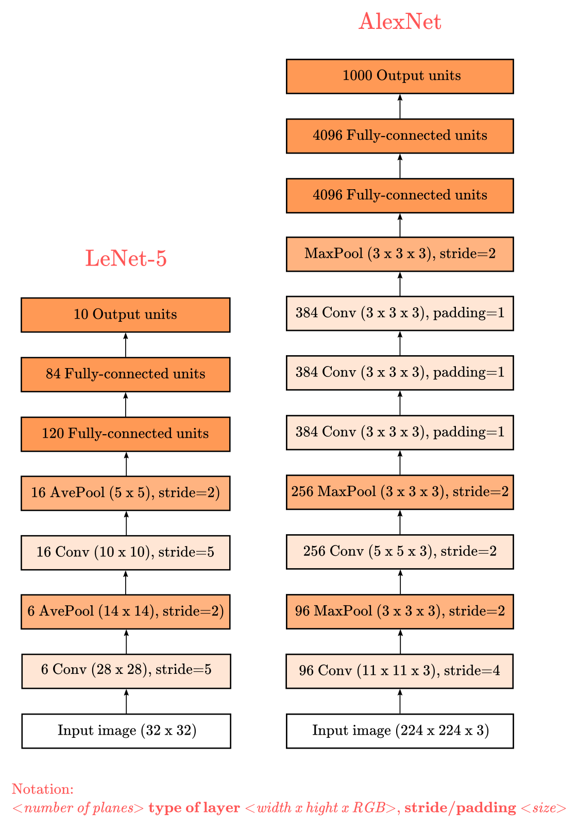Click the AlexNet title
click(400, 21)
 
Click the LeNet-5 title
click(126, 258)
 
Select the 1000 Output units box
click(400, 76)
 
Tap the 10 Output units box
click(126, 314)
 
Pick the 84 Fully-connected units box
click(126, 374)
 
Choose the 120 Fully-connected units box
click(126, 434)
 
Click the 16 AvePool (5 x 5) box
click(126, 493)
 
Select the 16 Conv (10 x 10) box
click(126, 552)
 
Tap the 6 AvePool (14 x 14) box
click(126, 611)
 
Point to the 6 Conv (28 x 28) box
click(126, 671)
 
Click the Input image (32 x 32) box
click(126, 731)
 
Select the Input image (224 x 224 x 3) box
click(400, 731)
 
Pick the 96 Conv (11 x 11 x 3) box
click(400, 671)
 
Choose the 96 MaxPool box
click(400, 611)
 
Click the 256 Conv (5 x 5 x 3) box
click(400, 552)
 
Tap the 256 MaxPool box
click(400, 492)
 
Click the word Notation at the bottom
click(42, 789)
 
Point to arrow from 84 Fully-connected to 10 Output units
click(126, 345)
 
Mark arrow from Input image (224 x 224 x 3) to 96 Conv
click(400, 701)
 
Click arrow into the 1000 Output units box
click(400, 106)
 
